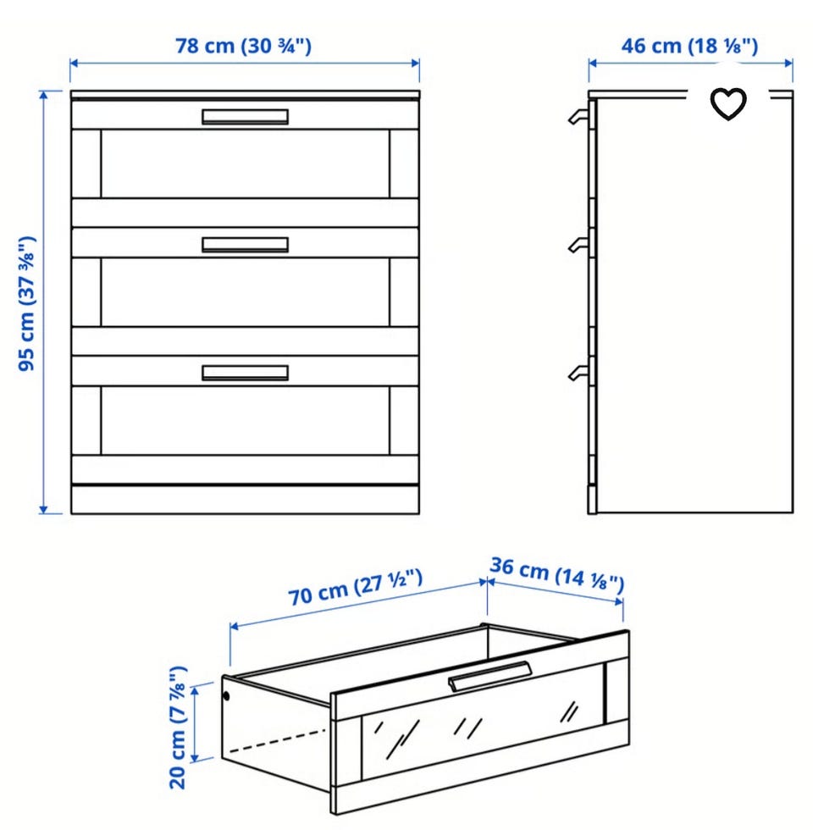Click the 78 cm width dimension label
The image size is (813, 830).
(x=244, y=46)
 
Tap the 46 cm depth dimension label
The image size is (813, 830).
(x=689, y=46)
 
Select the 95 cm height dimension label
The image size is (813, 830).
(x=27, y=303)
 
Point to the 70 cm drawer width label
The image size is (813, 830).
(x=356, y=587)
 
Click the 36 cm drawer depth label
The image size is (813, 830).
(x=557, y=575)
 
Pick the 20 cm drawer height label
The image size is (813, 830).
(x=178, y=728)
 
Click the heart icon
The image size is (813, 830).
(x=728, y=103)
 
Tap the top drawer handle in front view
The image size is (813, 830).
(x=245, y=117)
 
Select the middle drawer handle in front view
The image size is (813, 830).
(x=245, y=245)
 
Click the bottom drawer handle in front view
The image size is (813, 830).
(x=245, y=373)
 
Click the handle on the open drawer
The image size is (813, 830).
(x=489, y=677)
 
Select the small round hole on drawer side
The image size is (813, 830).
(x=227, y=696)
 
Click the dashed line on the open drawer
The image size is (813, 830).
(x=276, y=740)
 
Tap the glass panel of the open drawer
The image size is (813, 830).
(x=483, y=722)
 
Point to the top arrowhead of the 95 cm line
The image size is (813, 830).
(x=43, y=95)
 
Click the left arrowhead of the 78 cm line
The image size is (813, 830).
(x=75, y=64)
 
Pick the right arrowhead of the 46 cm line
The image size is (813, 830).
(x=788, y=64)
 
